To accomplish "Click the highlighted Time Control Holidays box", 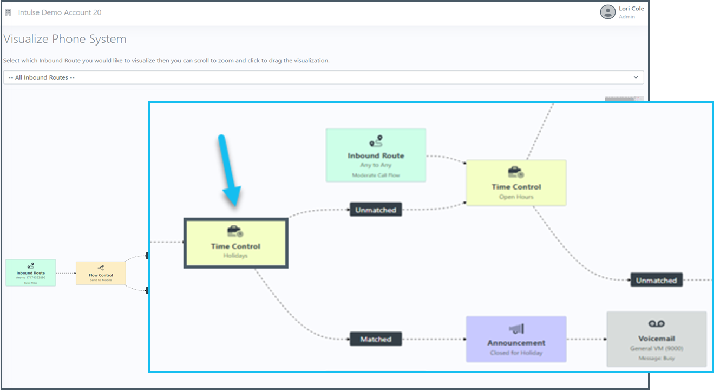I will coord(235,243).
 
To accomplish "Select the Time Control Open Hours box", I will coord(516,183).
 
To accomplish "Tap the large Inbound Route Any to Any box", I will coord(376,155).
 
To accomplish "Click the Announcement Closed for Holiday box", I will coord(516,339).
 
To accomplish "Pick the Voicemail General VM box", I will coord(656,339).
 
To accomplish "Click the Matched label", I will coord(376,339).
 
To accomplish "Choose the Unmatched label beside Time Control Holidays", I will coord(376,210).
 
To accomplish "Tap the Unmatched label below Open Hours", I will coord(656,280).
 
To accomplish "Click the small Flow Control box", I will coord(101,273).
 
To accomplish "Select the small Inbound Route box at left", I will coord(31,272).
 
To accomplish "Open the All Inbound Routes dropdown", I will coord(323,77).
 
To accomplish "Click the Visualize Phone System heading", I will coord(65,39).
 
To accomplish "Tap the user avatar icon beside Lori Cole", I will coord(607,12).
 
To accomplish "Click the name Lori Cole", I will coord(631,9).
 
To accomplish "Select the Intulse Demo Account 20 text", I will coord(60,12).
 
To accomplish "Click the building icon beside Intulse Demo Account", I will coord(8,12).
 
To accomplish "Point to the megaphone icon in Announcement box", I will coord(516,329).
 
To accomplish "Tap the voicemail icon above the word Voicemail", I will coord(656,323).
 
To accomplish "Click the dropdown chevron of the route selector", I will coord(636,77).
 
